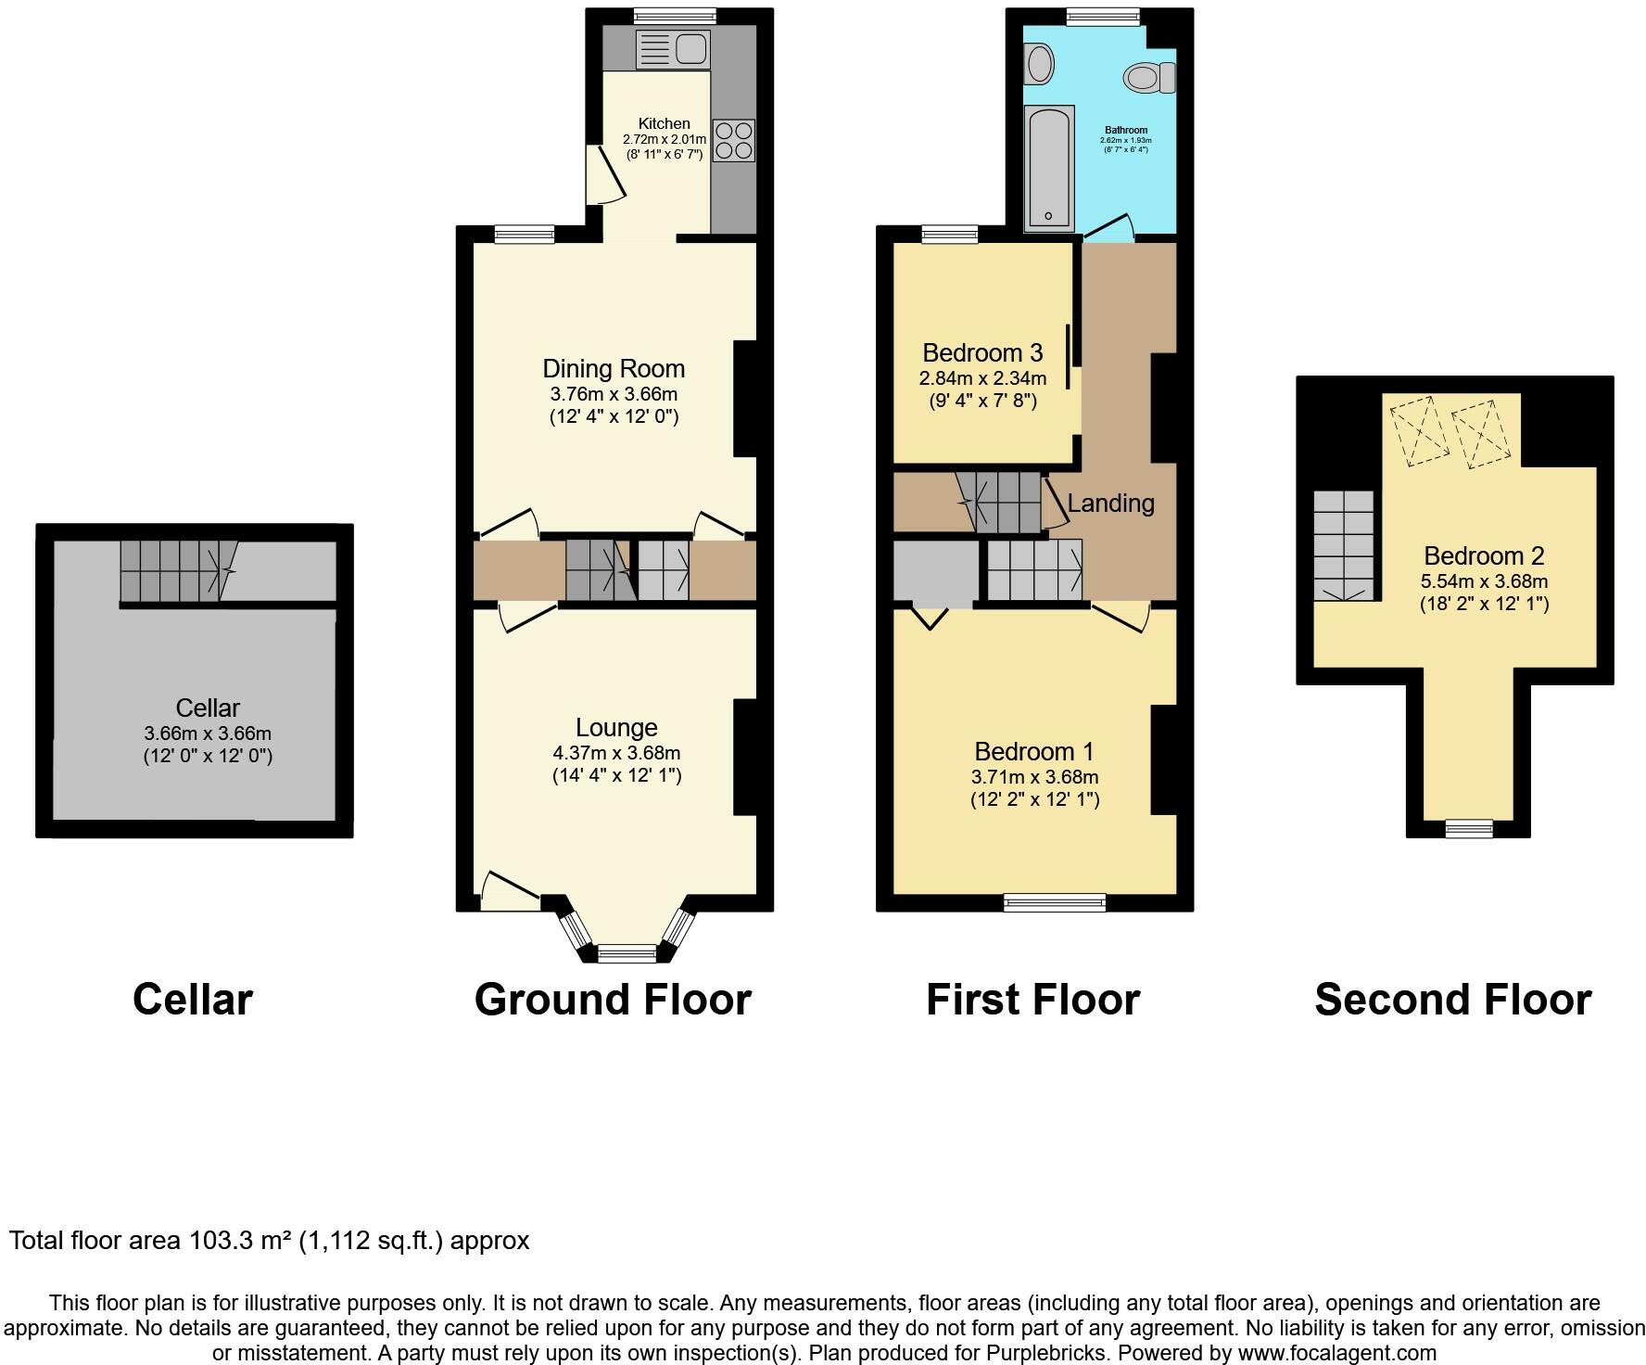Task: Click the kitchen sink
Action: click(x=673, y=49)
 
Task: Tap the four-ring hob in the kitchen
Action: click(x=733, y=140)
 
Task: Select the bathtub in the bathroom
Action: click(x=1049, y=168)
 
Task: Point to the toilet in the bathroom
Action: click(x=1149, y=78)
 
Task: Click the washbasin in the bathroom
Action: click(x=1040, y=63)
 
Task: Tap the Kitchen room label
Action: click(x=665, y=123)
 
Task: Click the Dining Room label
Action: click(x=614, y=368)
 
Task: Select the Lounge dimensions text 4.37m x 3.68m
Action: click(x=616, y=752)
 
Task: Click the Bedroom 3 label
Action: click(x=982, y=352)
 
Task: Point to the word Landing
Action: click(x=1110, y=503)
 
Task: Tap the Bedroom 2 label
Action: click(x=1484, y=555)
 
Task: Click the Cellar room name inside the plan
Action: click(x=208, y=708)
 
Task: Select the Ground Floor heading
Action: click(x=613, y=1001)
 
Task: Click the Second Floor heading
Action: click(x=1453, y=1000)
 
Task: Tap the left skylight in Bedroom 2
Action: click(x=1418, y=431)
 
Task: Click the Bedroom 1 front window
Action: click(x=1056, y=902)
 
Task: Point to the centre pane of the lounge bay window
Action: click(x=627, y=953)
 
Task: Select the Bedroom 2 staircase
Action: click(x=1344, y=546)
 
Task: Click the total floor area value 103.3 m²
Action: click(x=241, y=1240)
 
